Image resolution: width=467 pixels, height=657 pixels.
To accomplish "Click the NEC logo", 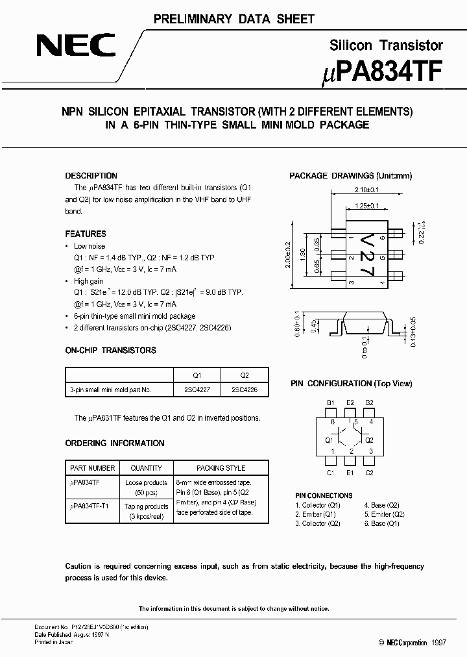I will click(77, 47).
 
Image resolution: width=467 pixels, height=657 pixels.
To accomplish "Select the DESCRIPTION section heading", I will click(91, 176).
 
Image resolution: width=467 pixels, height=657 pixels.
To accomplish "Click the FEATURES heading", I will click(86, 234).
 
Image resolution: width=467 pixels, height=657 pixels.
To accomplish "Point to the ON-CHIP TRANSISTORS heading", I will click(111, 351).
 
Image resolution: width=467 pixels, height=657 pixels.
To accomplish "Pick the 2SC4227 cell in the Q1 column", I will click(197, 390).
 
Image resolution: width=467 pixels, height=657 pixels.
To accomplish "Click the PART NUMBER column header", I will click(92, 468).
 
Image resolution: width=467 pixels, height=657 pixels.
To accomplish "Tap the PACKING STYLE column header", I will click(221, 468).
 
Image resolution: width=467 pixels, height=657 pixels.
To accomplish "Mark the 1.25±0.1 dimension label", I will click(367, 206).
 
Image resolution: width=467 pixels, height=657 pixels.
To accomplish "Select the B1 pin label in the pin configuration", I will click(330, 403).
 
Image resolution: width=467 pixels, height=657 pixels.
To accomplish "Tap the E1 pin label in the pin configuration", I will click(350, 473).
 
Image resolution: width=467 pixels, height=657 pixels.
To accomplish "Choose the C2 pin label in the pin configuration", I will click(370, 473).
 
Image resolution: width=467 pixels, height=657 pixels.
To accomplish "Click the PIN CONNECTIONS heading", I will click(324, 495).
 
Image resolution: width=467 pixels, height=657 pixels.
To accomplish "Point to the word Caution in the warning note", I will click(78, 566).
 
